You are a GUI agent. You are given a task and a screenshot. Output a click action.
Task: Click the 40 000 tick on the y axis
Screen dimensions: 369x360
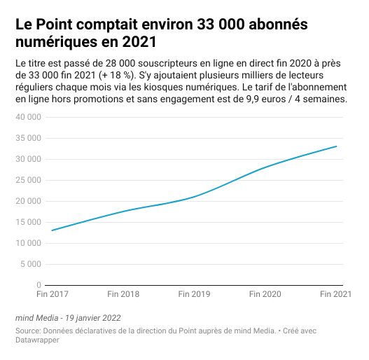(28, 117)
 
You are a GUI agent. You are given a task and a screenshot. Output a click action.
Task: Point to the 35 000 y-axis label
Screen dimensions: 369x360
(28, 138)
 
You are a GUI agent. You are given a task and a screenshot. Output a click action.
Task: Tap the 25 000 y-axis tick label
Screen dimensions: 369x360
(28, 180)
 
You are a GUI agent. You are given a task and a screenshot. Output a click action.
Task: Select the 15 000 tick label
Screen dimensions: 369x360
(28, 222)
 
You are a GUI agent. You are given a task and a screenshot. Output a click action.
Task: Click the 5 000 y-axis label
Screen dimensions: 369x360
(31, 264)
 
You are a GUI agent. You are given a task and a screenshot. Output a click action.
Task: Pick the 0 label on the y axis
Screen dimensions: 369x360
(39, 285)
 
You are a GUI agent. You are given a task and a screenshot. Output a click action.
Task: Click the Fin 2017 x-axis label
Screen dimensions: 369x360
(53, 294)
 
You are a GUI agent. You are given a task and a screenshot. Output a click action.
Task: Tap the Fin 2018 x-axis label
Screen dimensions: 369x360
(123, 294)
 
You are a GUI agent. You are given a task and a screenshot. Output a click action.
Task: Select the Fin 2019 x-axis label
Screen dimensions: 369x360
(194, 294)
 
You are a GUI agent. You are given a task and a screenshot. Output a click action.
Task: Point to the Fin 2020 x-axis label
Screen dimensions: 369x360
(265, 294)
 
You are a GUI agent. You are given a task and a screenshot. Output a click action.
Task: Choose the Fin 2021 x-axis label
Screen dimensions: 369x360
(336, 294)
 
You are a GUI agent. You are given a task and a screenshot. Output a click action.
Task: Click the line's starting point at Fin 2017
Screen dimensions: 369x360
(52, 230)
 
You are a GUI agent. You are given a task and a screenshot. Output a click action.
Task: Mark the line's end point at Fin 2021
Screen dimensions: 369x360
(336, 146)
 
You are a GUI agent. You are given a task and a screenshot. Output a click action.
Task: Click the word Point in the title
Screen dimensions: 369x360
(55, 24)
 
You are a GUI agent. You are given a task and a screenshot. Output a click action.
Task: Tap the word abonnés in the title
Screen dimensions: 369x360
(278, 24)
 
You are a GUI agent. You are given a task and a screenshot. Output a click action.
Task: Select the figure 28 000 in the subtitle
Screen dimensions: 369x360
(120, 63)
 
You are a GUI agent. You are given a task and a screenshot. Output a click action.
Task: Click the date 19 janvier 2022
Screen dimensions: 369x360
(93, 318)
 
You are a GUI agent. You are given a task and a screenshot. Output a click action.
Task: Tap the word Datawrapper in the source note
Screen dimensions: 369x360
(37, 340)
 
